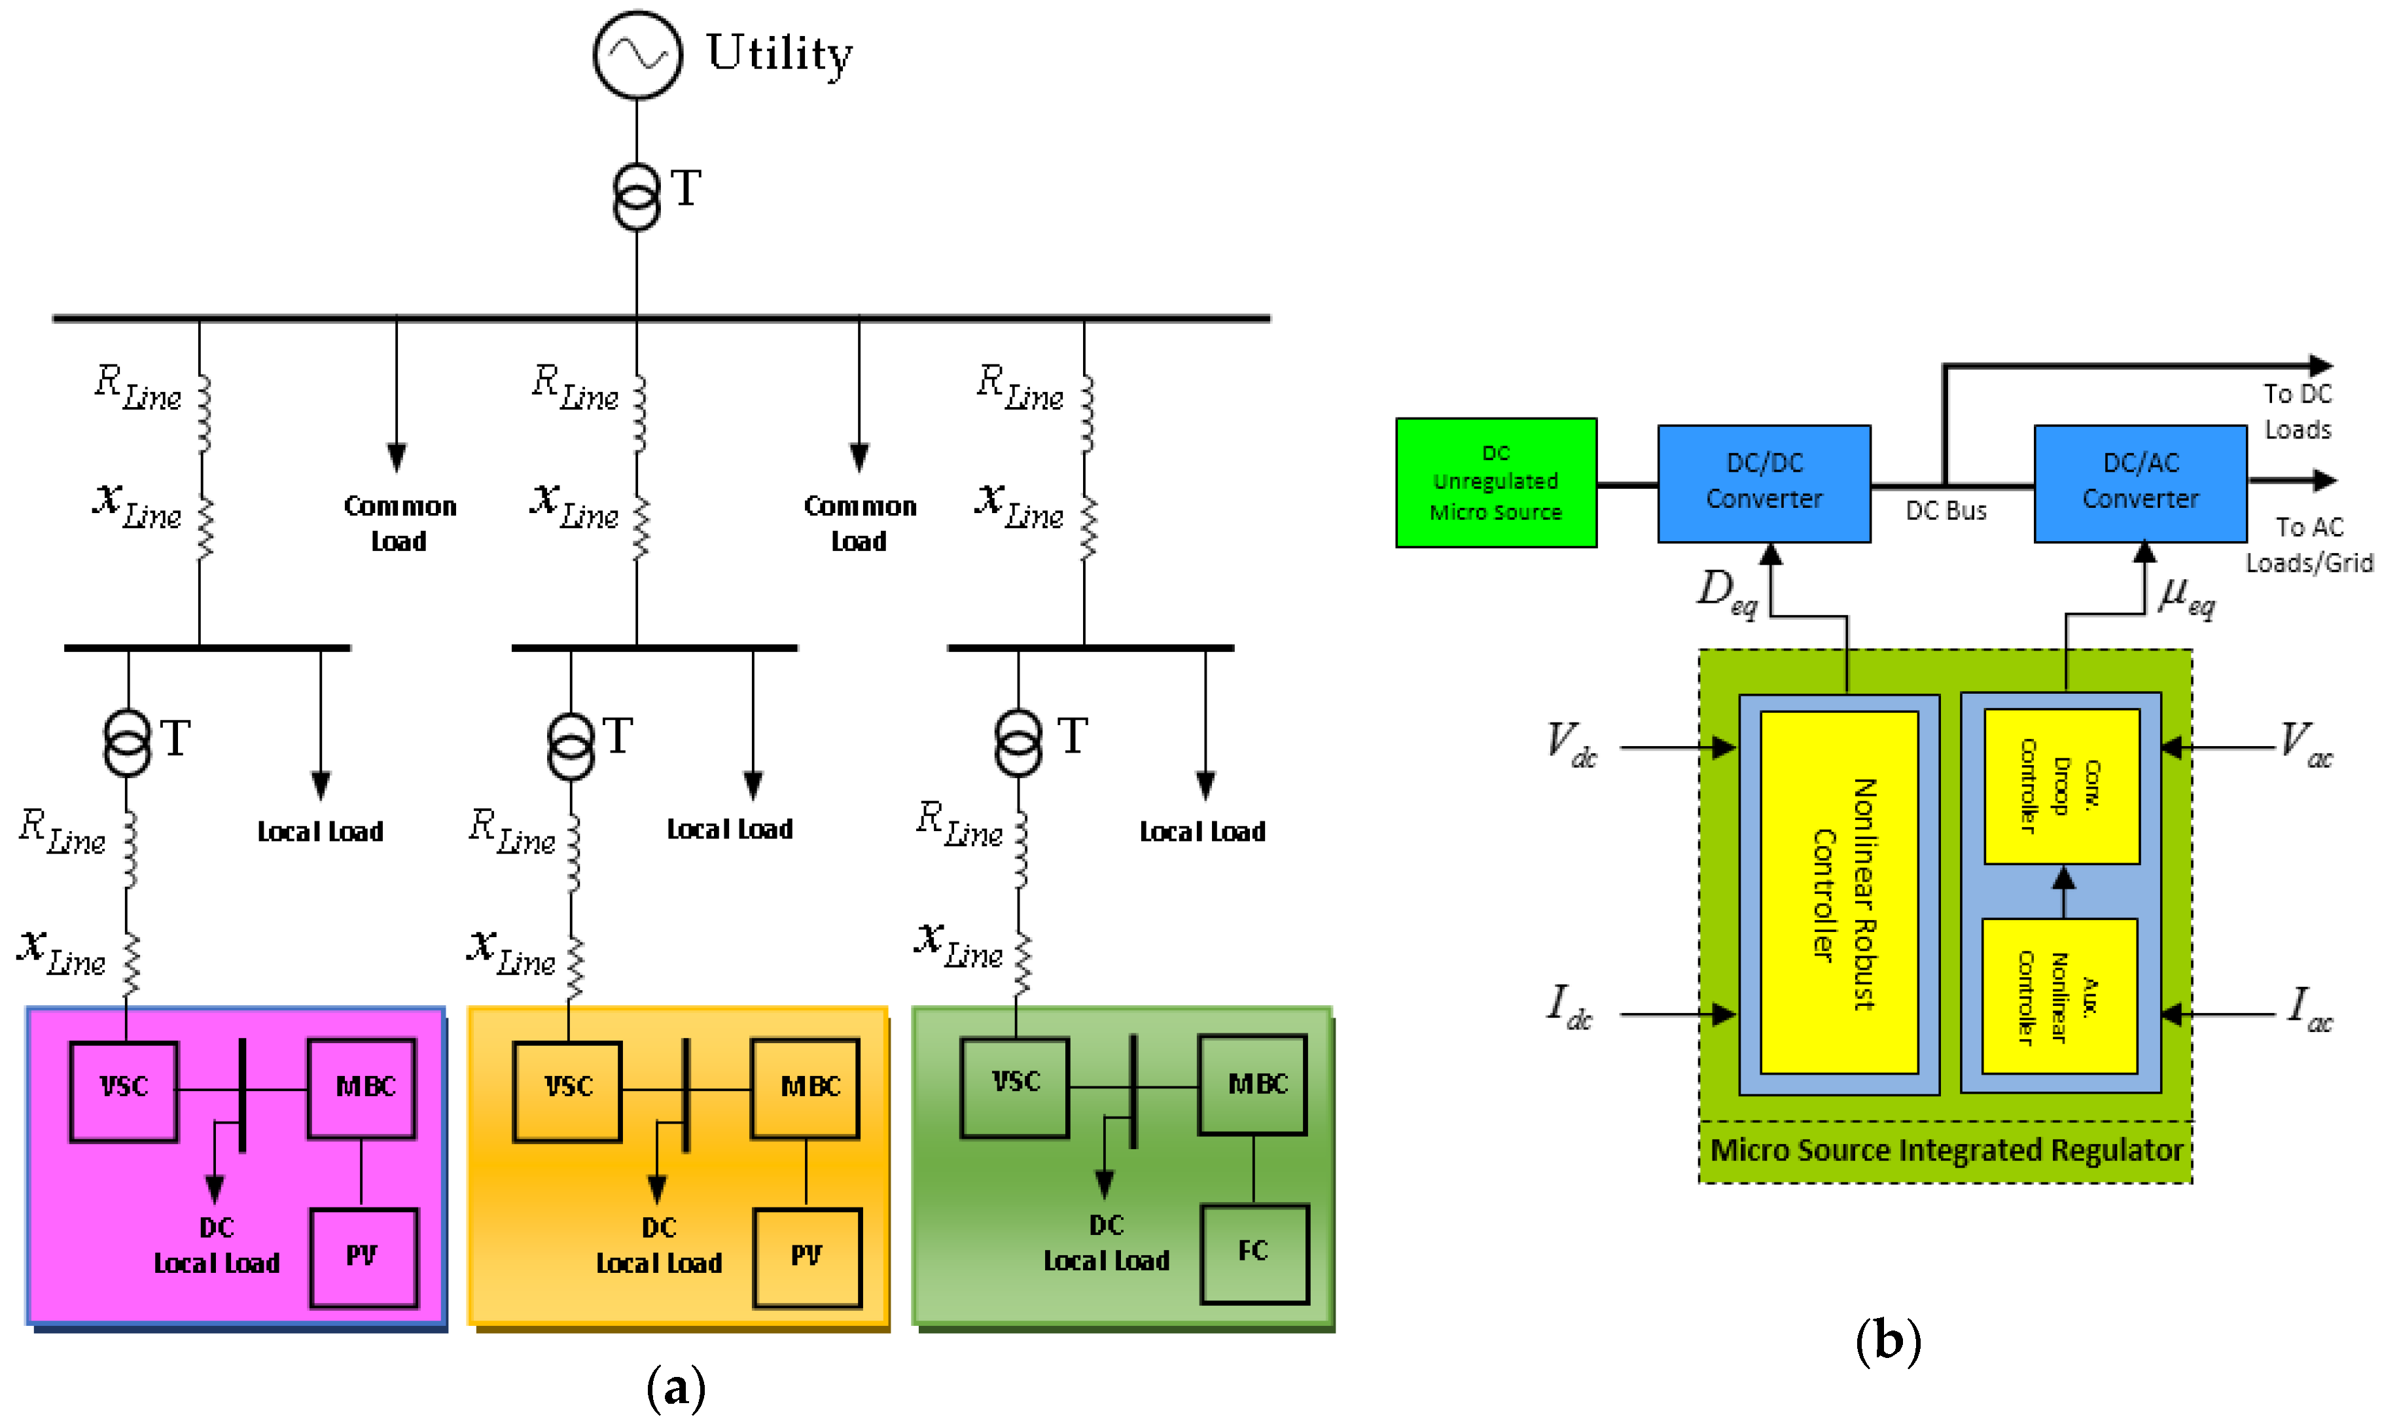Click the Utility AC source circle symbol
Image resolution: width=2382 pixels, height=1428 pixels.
click(x=637, y=55)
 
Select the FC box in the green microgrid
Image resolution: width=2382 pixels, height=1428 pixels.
click(x=1254, y=1253)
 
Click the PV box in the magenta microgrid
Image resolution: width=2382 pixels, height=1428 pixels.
click(x=363, y=1257)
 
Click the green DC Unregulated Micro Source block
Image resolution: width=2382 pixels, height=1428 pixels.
click(x=1495, y=482)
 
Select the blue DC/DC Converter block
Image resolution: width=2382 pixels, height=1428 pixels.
click(x=1764, y=482)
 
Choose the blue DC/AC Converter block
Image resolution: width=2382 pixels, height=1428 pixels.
click(x=2140, y=482)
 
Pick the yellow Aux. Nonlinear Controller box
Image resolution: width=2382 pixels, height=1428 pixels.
click(x=2059, y=997)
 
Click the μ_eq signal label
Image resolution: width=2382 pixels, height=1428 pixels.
click(x=2186, y=597)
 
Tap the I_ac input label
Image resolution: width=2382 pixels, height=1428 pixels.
click(x=2308, y=1009)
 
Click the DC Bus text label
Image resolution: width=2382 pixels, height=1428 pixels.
click(x=1946, y=511)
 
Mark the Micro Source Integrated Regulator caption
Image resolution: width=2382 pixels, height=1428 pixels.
click(x=1946, y=1150)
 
